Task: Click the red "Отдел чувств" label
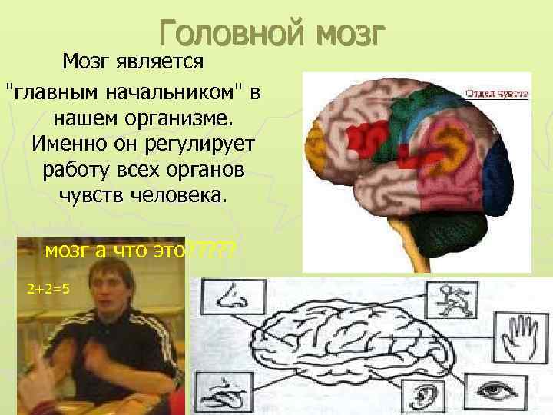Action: pyautogui.click(x=496, y=95)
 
